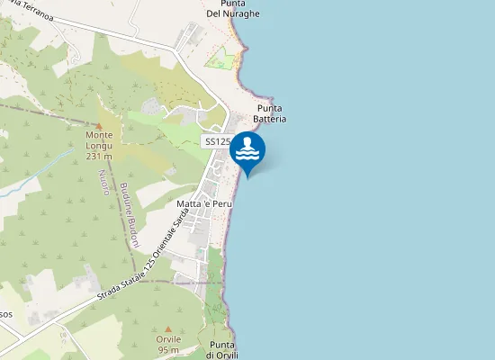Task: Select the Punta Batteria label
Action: (270, 112)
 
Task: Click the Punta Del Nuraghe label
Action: (233, 9)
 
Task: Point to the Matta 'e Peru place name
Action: (204, 204)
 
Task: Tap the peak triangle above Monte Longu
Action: (98, 125)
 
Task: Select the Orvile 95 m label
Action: (168, 344)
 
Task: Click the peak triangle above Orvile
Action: (168, 329)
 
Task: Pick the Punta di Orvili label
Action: (221, 350)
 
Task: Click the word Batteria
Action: (270, 118)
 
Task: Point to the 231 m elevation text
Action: (98, 156)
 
